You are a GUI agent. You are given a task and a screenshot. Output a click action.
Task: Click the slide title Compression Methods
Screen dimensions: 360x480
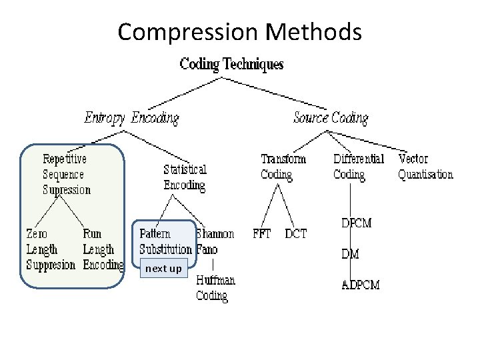pyautogui.click(x=239, y=31)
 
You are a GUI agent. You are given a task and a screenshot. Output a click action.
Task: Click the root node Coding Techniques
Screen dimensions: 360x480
pyautogui.click(x=231, y=65)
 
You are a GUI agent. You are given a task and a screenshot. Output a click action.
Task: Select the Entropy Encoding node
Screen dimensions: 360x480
pyautogui.click(x=131, y=119)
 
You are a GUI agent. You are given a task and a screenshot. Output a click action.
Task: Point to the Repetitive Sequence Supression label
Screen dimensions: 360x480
pyautogui.click(x=66, y=175)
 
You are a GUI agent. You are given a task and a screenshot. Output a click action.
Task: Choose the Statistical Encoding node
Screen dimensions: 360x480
pyautogui.click(x=185, y=177)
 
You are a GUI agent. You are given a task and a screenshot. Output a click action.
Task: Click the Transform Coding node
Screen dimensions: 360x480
pyautogui.click(x=283, y=167)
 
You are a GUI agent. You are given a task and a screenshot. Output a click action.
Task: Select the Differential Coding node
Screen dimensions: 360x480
pyautogui.click(x=358, y=167)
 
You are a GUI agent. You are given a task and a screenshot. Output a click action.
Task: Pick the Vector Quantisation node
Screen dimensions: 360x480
pyautogui.click(x=425, y=167)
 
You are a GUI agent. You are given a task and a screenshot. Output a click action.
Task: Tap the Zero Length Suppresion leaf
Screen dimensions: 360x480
pyautogui.click(x=50, y=249)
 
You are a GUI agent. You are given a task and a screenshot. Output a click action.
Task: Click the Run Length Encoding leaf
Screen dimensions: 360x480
pyautogui.click(x=103, y=249)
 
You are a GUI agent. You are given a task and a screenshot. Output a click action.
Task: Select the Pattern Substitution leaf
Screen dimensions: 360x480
pyautogui.click(x=165, y=241)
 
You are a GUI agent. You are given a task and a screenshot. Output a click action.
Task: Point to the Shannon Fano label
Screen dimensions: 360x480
pyautogui.click(x=215, y=241)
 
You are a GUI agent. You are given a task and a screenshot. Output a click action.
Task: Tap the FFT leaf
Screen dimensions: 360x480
pyautogui.click(x=261, y=235)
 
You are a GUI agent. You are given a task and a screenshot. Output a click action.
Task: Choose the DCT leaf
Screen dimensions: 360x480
pyautogui.click(x=296, y=235)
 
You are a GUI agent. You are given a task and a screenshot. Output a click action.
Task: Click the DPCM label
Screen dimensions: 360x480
pyautogui.click(x=356, y=223)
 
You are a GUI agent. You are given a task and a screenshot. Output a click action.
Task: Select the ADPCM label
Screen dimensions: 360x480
pyautogui.click(x=361, y=285)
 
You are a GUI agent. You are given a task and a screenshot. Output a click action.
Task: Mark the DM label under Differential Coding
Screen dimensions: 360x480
pyautogui.click(x=351, y=254)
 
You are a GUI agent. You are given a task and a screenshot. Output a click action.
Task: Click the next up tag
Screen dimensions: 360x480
pyautogui.click(x=163, y=269)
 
